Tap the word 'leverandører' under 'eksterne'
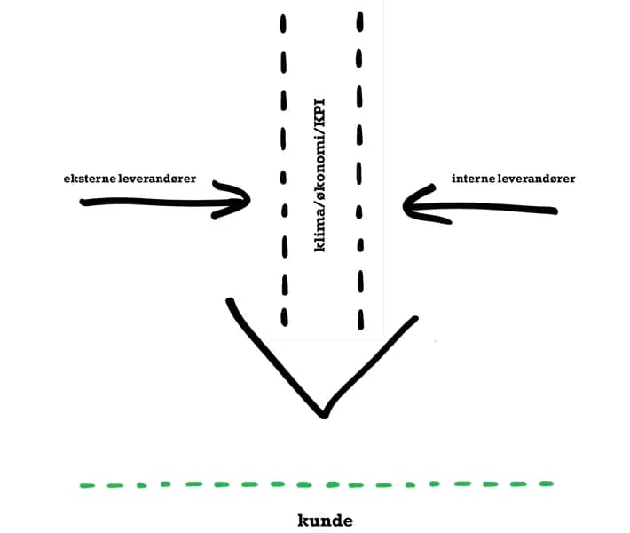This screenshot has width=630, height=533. click(158, 179)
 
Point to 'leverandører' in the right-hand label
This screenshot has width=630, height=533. click(536, 179)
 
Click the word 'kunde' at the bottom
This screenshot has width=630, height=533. click(326, 521)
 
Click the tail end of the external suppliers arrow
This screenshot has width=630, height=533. click(83, 202)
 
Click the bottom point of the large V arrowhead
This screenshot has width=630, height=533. click(324, 416)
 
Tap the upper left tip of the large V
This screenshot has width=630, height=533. click(230, 301)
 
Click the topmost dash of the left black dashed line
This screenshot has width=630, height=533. click(283, 24)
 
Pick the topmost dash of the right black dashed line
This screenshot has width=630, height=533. click(360, 21)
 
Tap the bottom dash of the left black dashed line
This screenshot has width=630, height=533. click(285, 317)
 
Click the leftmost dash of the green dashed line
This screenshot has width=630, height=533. click(87, 486)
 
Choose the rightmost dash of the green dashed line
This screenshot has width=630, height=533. click(547, 484)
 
